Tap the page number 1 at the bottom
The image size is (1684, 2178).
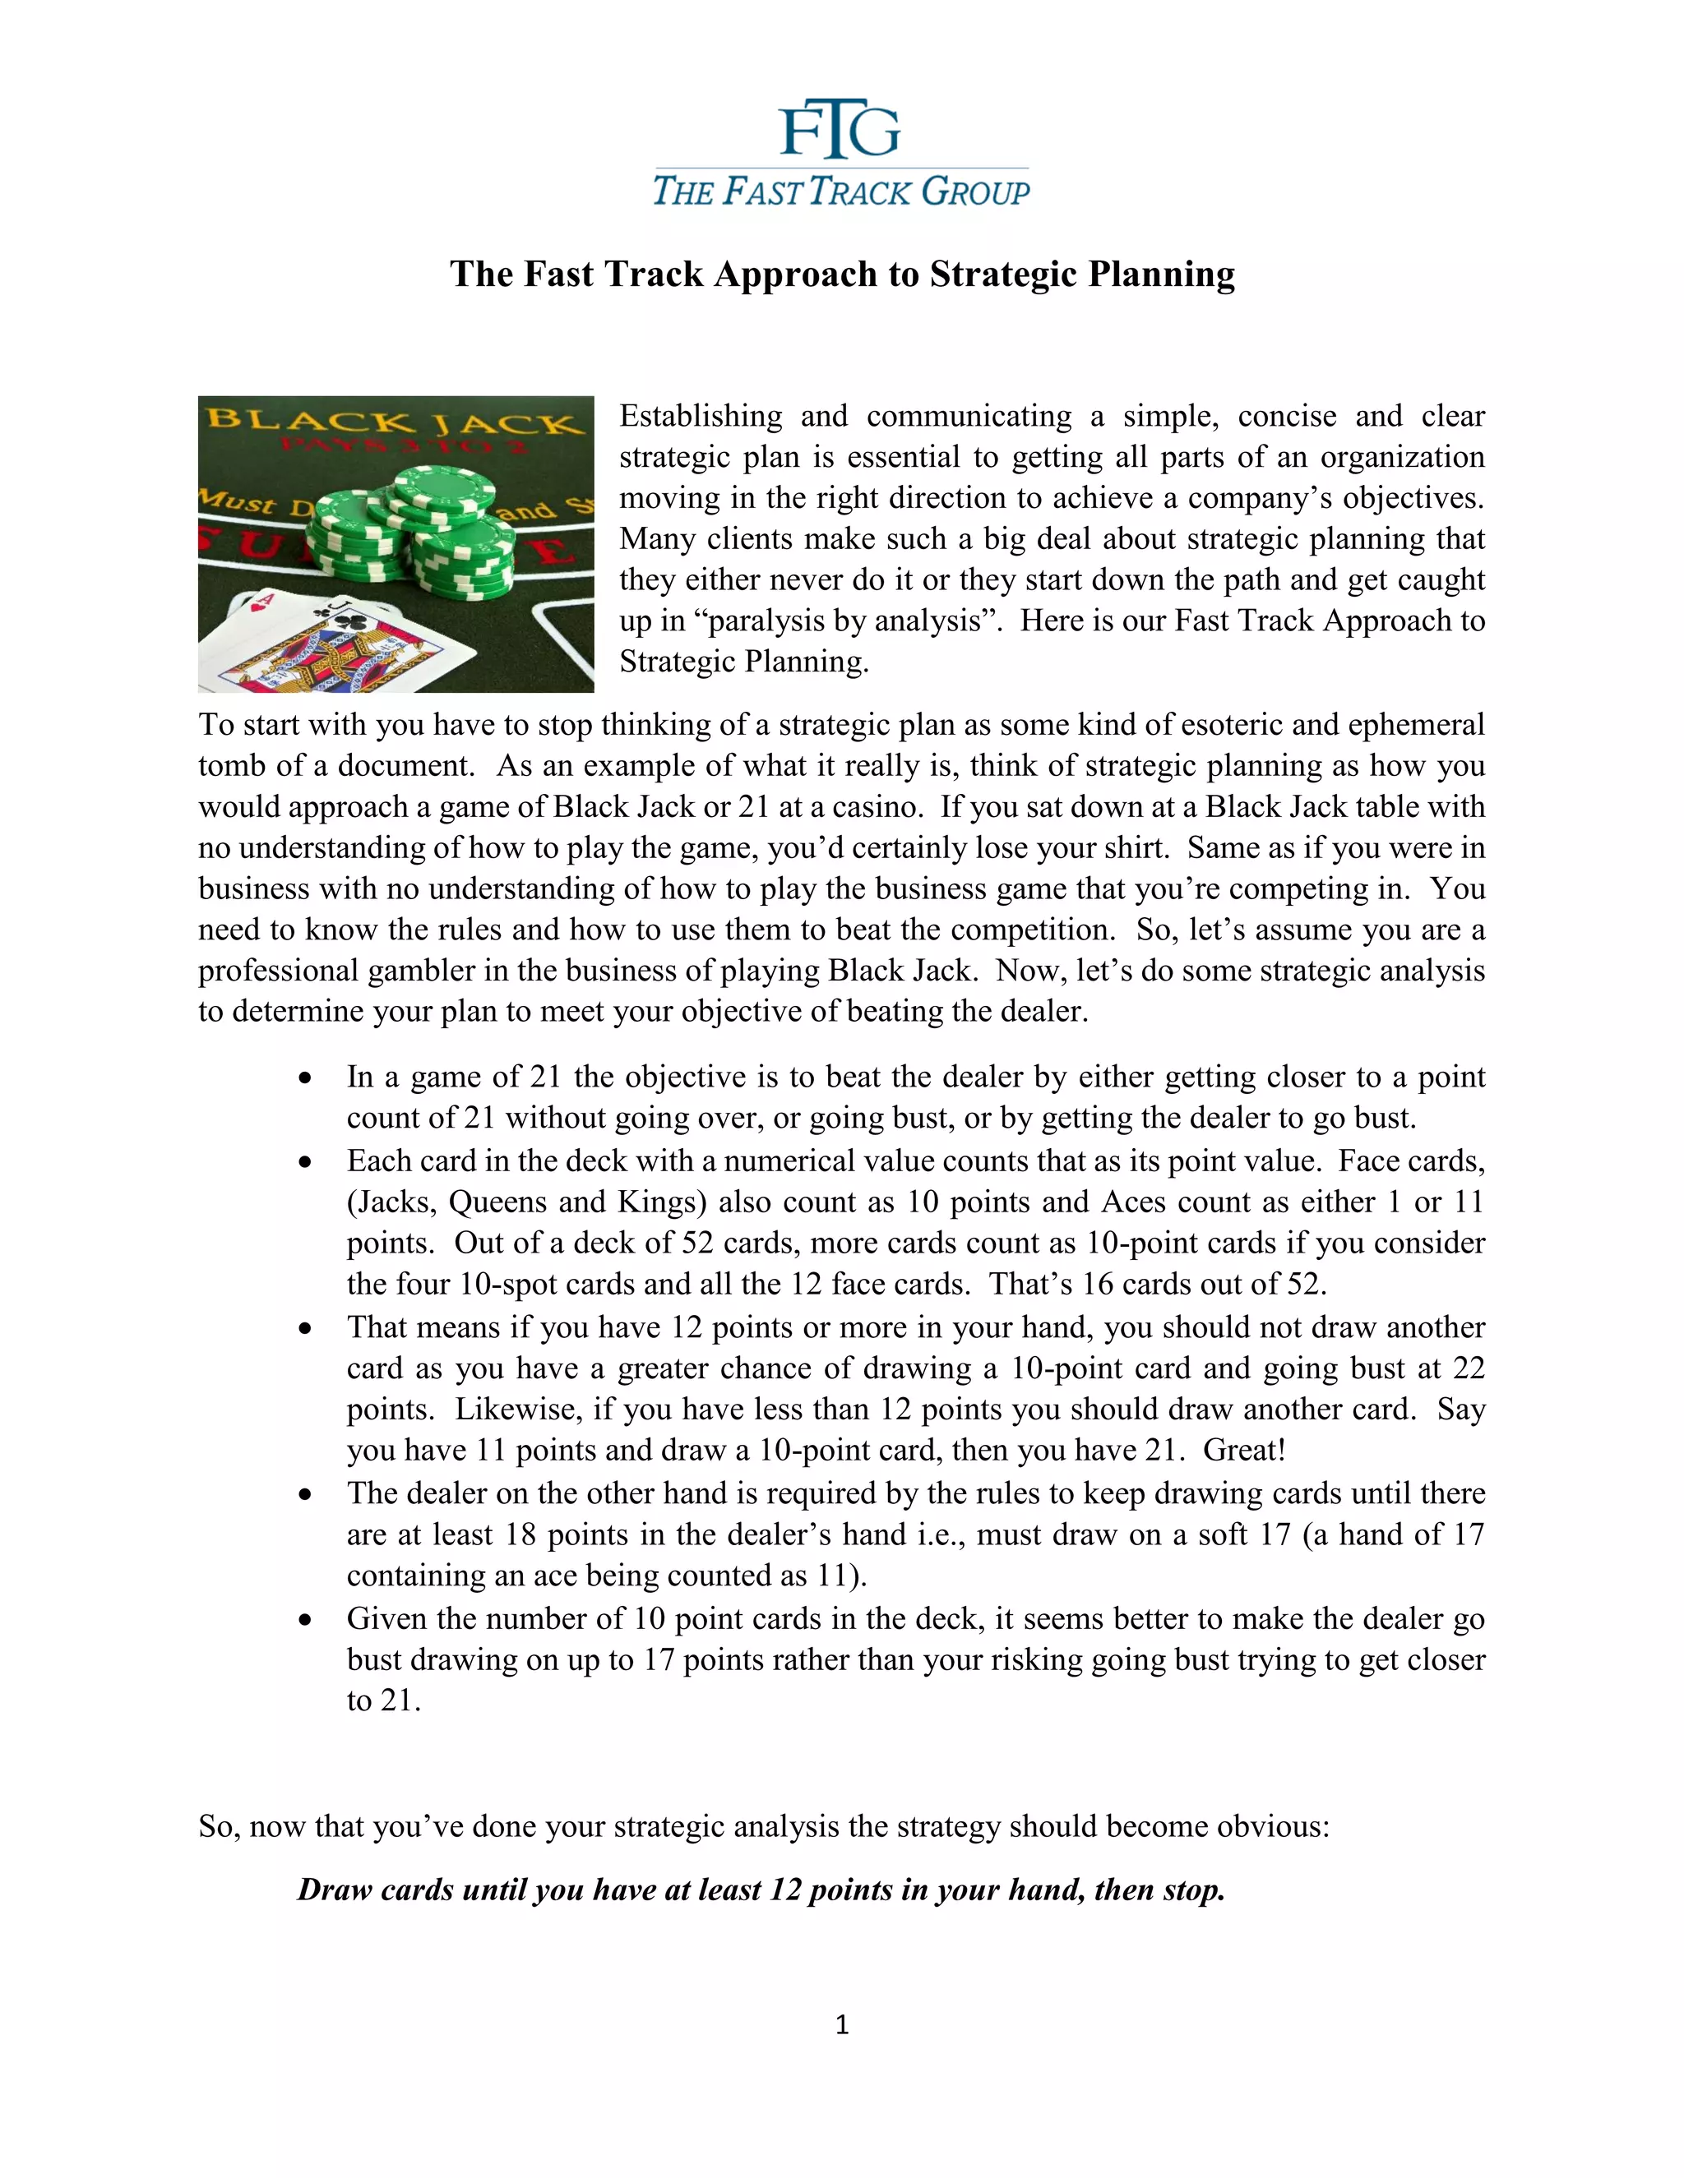pyautogui.click(x=841, y=2025)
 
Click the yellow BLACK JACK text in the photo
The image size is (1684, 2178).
pyautogui.click(x=394, y=420)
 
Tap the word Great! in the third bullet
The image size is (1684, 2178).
pyautogui.click(x=1244, y=1449)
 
